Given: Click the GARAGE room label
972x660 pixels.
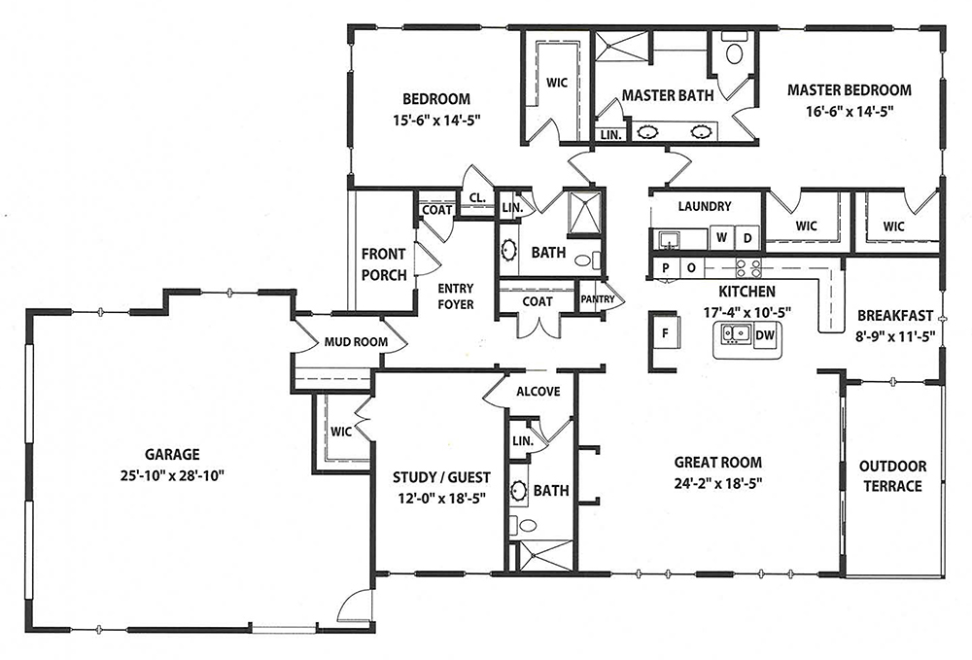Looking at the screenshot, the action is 172,454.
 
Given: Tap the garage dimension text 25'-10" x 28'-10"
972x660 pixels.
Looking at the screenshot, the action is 172,475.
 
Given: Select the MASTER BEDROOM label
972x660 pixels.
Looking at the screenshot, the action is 850,89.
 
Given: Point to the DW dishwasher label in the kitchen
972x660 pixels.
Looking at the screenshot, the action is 766,335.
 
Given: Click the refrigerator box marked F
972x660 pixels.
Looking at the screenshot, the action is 665,333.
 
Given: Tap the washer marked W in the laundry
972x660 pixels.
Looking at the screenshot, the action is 721,237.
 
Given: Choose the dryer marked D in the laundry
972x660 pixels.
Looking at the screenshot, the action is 747,237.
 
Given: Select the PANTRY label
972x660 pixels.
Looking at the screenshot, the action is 598,299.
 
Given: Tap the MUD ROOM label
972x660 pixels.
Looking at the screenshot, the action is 357,341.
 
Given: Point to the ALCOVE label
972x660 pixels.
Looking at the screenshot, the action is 538,392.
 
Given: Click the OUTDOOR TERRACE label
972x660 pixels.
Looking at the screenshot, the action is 892,476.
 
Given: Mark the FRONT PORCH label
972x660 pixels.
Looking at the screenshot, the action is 384,264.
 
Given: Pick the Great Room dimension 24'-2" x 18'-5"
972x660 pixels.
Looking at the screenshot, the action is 718,483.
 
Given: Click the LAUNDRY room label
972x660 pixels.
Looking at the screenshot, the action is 704,206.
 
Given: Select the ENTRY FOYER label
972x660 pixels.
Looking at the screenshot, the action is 456,296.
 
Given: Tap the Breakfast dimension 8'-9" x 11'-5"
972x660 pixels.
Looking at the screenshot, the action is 896,336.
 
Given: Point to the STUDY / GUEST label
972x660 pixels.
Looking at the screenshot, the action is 441,478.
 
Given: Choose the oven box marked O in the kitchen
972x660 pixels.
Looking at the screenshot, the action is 691,268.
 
